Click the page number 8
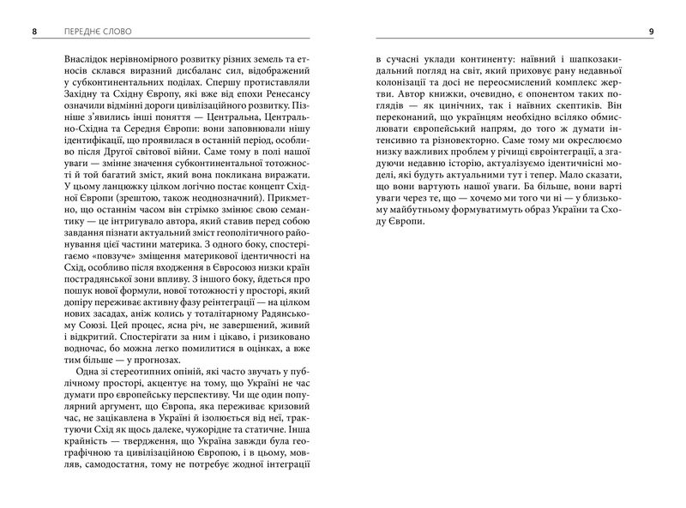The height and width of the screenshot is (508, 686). tap(33, 33)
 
